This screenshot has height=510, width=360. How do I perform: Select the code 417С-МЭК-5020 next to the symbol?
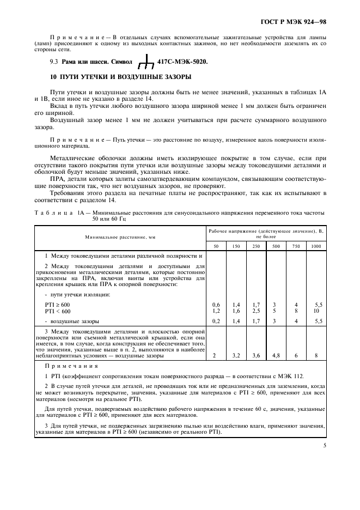(182, 63)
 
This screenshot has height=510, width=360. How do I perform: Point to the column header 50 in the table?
(216, 246)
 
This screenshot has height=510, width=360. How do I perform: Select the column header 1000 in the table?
(316, 246)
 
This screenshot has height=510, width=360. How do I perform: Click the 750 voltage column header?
(296, 246)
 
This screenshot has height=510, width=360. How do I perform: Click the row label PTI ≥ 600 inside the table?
(58, 304)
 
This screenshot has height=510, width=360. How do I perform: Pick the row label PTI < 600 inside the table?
(58, 311)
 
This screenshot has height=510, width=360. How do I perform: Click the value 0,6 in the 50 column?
(216, 304)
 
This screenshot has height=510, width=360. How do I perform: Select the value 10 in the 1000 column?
(316, 311)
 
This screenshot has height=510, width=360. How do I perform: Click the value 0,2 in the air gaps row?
(216, 321)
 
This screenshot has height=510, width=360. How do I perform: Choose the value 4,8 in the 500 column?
(276, 355)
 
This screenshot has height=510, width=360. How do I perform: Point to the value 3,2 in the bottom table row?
(236, 355)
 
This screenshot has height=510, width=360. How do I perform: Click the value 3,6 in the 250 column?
(256, 355)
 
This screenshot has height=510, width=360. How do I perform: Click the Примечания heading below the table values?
(67, 367)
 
